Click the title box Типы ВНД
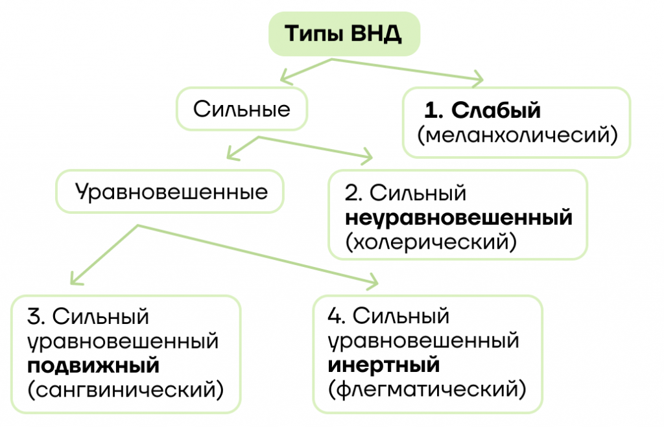click(344, 34)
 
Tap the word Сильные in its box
click(242, 110)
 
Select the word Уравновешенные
click(171, 192)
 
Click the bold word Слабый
click(496, 110)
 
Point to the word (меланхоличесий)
click(517, 135)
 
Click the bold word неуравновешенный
click(458, 218)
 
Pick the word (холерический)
click(431, 242)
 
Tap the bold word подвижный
click(93, 366)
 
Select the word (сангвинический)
click(125, 390)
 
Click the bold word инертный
click(384, 365)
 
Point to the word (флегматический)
click(427, 389)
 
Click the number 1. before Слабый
click(434, 110)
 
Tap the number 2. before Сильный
click(353, 193)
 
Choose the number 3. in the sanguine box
click(36, 317)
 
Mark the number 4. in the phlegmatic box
click(337, 316)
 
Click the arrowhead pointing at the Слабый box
click(479, 79)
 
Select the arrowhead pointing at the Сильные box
click(285, 78)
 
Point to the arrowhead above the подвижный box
click(75, 279)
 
